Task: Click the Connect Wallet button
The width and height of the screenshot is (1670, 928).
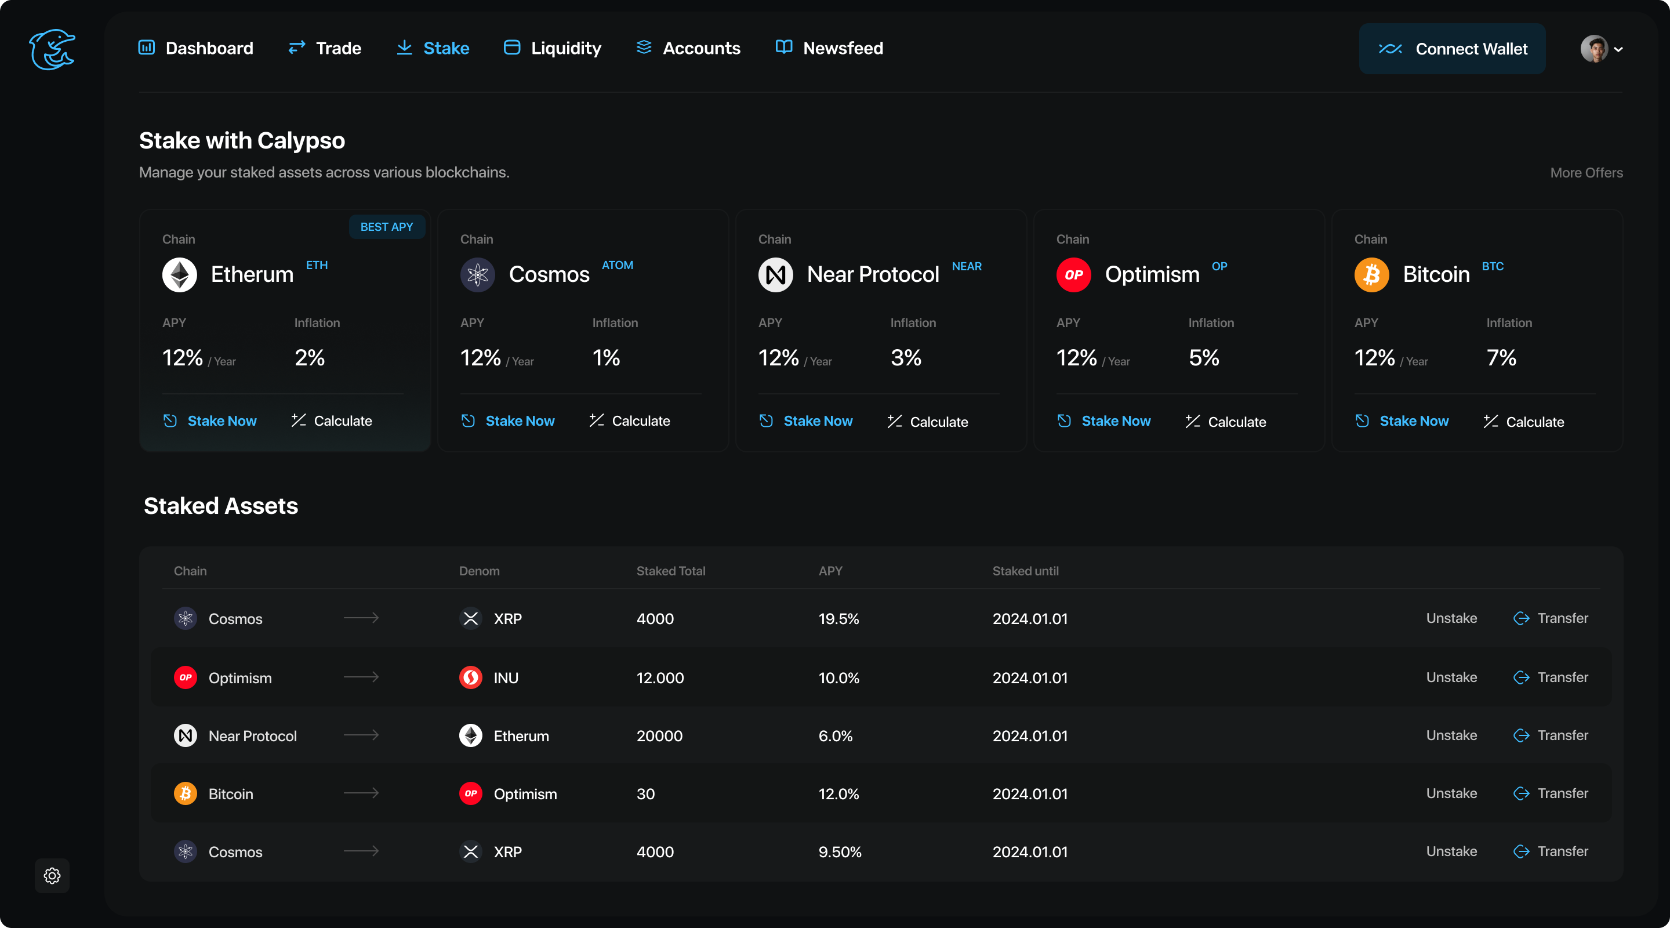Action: [1451, 49]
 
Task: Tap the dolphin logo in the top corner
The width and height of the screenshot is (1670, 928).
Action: [52, 49]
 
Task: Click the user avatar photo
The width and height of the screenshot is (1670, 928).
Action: [1593, 49]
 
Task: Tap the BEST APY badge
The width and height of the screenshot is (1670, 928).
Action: [386, 227]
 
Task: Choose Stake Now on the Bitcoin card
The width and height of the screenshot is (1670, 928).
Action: [1413, 421]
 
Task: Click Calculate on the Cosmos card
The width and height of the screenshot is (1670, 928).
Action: [640, 421]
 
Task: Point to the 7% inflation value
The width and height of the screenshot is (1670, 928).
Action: [1501, 357]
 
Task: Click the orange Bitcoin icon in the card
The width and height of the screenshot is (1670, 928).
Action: [1371, 275]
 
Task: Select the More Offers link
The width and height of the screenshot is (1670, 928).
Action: [1586, 172]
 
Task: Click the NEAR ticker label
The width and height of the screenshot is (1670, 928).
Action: [966, 267]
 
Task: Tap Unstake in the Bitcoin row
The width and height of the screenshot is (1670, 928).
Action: [1451, 793]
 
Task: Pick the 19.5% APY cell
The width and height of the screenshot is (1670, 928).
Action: [838, 619]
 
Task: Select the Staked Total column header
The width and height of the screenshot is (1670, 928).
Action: [670, 571]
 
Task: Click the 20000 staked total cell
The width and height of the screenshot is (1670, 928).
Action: [659, 735]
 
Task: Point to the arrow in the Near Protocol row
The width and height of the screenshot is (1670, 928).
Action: [361, 735]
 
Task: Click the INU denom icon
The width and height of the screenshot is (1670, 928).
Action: [471, 677]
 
